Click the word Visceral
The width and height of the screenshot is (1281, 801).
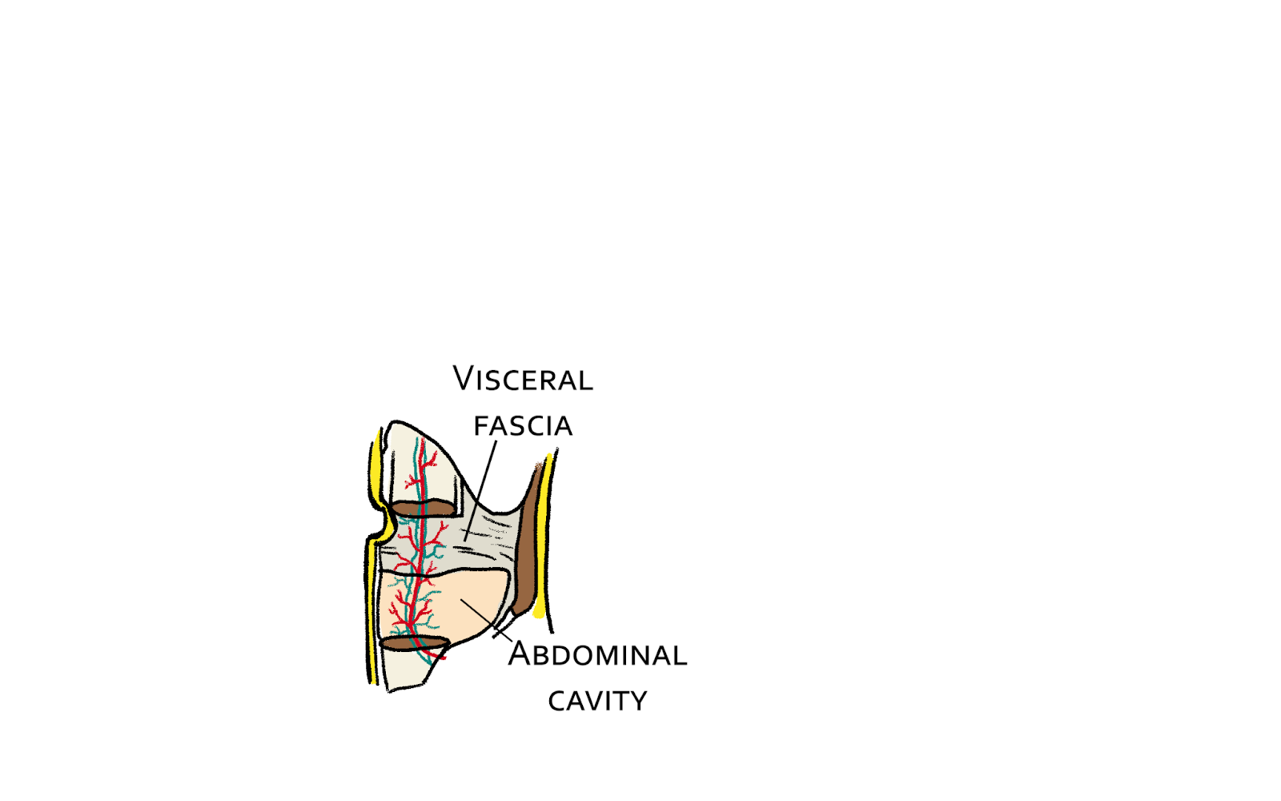pos(523,379)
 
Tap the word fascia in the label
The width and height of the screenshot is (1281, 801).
pos(524,426)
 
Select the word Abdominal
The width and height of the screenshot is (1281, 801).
pos(597,654)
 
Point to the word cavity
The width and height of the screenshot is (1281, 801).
pos(597,702)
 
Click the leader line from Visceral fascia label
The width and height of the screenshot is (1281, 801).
pos(480,489)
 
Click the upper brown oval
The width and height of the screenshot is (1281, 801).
pos(422,509)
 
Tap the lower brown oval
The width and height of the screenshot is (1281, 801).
pos(414,643)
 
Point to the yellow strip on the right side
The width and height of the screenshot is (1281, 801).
pos(544,537)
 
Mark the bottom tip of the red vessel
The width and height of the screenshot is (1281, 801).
pos(442,658)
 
